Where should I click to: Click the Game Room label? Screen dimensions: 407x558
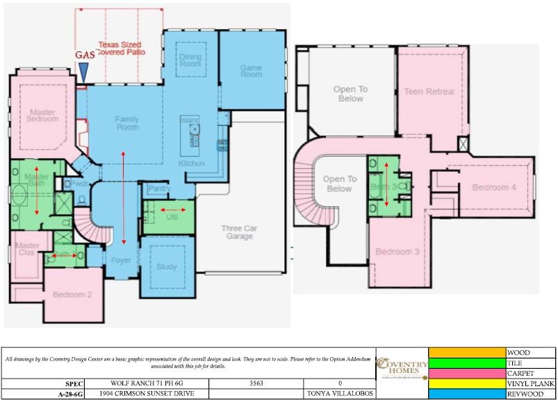tap(251, 71)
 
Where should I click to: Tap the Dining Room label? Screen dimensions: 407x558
tap(190, 60)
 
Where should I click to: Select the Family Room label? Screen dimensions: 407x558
tap(126, 123)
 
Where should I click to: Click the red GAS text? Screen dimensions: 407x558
tap(84, 55)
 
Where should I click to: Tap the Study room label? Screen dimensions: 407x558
tap(166, 267)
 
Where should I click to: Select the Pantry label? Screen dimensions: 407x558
tap(159, 189)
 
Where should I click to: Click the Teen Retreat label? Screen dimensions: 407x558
tap(429, 92)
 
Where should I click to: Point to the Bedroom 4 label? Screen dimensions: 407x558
tap(494, 188)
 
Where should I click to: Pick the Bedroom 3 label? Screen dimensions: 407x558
tap(397, 251)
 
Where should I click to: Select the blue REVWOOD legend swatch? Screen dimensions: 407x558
tap(467, 393)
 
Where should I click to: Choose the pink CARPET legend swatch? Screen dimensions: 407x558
tap(467, 373)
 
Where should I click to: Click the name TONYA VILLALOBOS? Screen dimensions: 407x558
tap(339, 393)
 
